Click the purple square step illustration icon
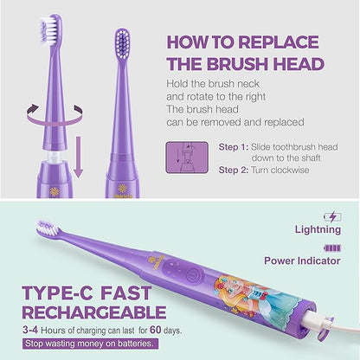[x=181, y=159]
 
